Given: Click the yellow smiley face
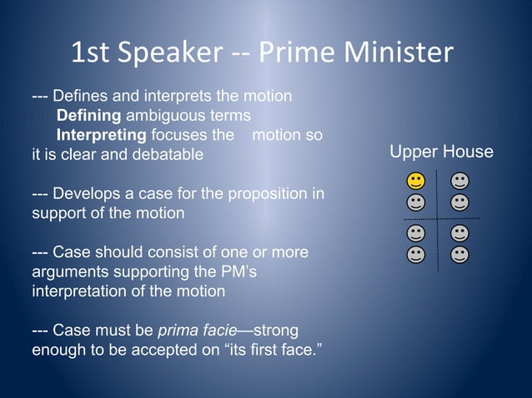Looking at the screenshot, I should pyautogui.click(x=414, y=181).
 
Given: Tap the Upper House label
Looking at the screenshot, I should pyautogui.click(x=441, y=152).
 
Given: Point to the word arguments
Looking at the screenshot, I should pyautogui.click(x=65, y=271).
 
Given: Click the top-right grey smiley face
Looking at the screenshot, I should pyautogui.click(x=459, y=181).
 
